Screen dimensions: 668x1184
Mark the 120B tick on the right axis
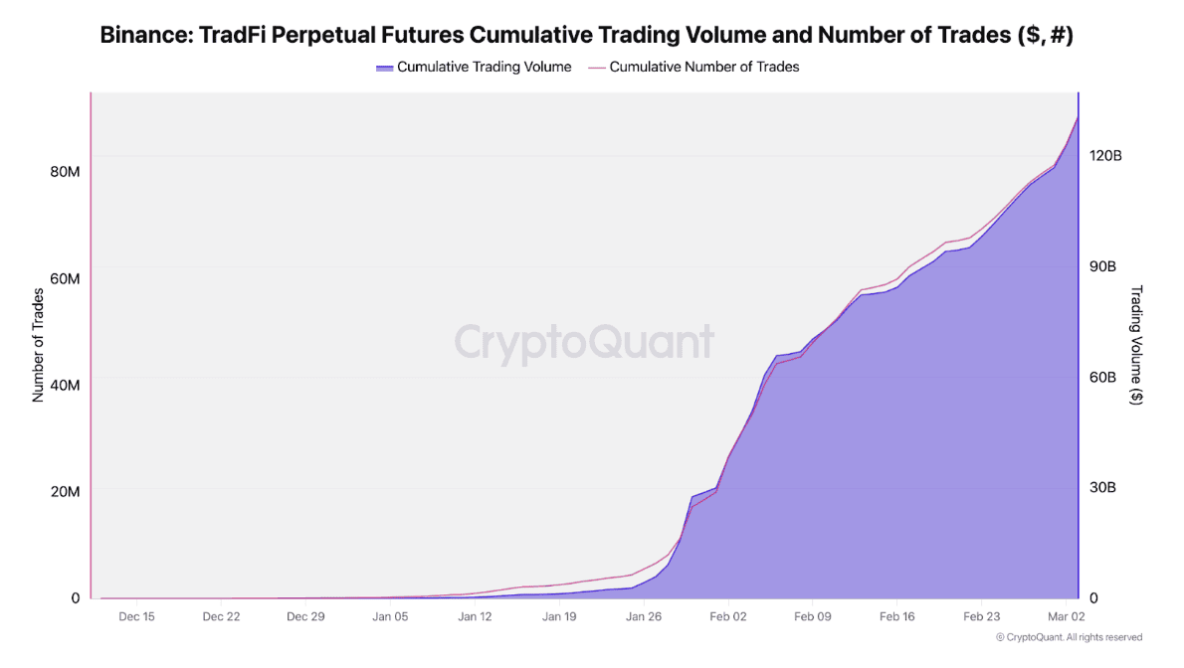(x=1105, y=156)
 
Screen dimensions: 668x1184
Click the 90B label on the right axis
(x=1102, y=266)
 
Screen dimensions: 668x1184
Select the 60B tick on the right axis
(x=1102, y=377)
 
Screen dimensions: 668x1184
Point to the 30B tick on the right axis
(x=1102, y=487)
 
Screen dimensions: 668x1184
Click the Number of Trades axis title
(x=39, y=344)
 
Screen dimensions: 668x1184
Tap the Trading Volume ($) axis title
(x=1136, y=345)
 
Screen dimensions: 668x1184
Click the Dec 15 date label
(x=136, y=616)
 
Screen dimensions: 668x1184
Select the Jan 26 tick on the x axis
(x=644, y=616)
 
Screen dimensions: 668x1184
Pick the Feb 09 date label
(x=813, y=616)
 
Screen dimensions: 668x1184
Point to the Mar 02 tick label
(x=1066, y=616)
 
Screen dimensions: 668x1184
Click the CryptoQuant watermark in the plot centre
(x=584, y=343)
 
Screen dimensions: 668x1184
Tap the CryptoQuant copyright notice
(x=1069, y=637)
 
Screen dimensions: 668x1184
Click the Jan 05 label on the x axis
(x=390, y=616)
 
